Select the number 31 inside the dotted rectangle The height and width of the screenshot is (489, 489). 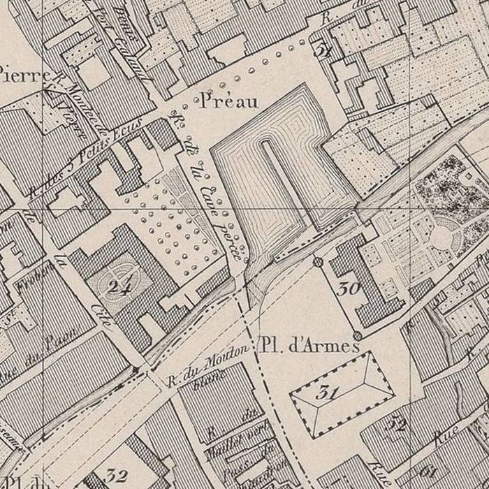pos(322,392)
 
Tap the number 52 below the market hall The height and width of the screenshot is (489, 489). pos(398,423)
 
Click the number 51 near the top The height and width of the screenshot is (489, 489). pos(322,50)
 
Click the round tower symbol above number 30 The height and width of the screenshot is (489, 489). pos(318,262)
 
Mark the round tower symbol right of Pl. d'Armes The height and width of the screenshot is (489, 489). pos(358,336)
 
